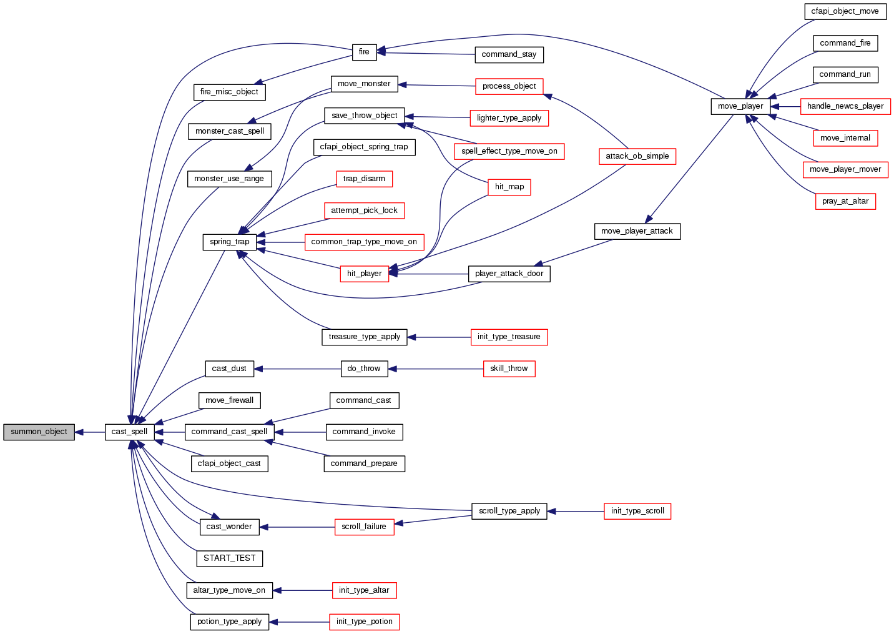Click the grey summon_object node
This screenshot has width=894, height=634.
tap(39, 432)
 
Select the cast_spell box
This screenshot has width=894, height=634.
tap(129, 432)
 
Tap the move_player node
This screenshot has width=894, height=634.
tap(740, 106)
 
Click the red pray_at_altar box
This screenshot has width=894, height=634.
tap(845, 201)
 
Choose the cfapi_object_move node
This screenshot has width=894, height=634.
tap(845, 11)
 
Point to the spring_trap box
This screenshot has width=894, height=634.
tap(229, 242)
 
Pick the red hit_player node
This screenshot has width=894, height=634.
tap(364, 274)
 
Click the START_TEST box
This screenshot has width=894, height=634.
tap(229, 558)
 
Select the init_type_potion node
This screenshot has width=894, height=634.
tap(364, 622)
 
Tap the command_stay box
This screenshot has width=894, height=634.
tap(509, 54)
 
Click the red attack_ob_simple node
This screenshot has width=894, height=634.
tap(637, 156)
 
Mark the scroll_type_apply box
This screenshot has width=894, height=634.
tap(509, 511)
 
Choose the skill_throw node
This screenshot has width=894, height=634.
tap(509, 369)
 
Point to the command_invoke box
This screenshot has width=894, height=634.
tap(364, 432)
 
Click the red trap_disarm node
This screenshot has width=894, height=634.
tap(364, 179)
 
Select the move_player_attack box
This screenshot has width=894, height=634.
tap(637, 231)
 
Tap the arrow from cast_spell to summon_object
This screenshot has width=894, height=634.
tap(90, 432)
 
